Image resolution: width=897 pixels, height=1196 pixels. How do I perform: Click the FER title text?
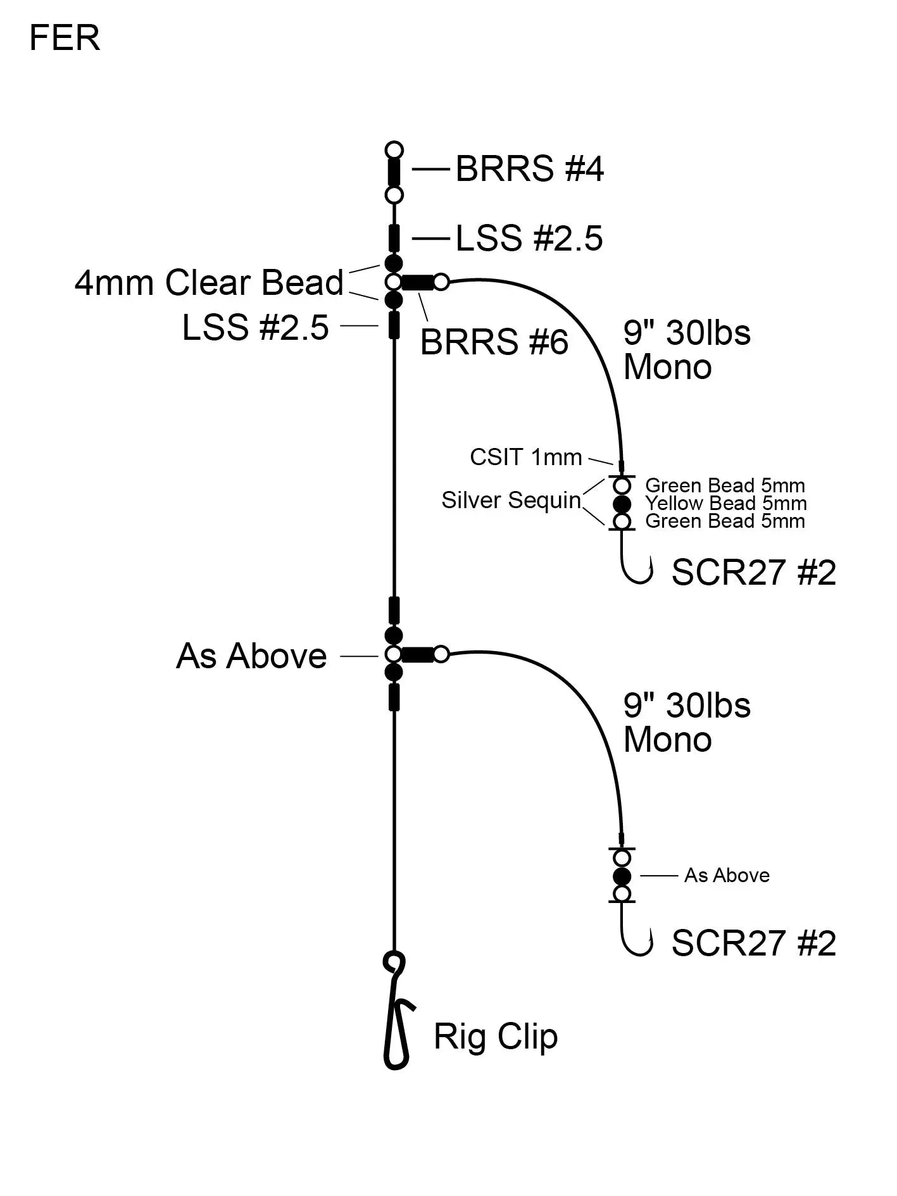pyautogui.click(x=65, y=39)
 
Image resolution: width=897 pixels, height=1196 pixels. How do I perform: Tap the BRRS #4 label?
pyautogui.click(x=529, y=169)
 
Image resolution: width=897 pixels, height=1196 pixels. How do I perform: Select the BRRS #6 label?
pyautogui.click(x=494, y=342)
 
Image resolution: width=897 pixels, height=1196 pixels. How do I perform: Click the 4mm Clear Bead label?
pyautogui.click(x=209, y=282)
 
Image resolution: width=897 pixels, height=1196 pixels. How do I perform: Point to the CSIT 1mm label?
pyautogui.click(x=525, y=457)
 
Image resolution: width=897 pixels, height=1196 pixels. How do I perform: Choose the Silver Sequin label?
pyautogui.click(x=511, y=500)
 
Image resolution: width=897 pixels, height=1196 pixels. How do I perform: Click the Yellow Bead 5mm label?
pyautogui.click(x=725, y=504)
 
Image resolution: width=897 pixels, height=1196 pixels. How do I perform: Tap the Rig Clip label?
pyautogui.click(x=495, y=1037)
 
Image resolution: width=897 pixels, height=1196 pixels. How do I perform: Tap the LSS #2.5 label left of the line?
pyautogui.click(x=255, y=327)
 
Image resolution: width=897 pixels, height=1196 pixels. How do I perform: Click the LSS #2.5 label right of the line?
pyautogui.click(x=529, y=239)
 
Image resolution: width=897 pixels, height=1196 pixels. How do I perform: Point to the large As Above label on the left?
pyautogui.click(x=251, y=656)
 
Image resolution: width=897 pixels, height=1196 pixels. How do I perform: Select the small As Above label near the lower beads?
pyautogui.click(x=727, y=875)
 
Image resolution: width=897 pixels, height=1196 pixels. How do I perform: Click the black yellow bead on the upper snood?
pyautogui.click(x=622, y=504)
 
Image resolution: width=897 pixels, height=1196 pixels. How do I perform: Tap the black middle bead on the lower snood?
pyautogui.click(x=622, y=876)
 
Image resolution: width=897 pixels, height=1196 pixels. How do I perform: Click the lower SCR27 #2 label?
pyautogui.click(x=753, y=943)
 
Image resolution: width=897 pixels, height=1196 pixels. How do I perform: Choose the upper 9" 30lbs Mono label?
pyautogui.click(x=686, y=350)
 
